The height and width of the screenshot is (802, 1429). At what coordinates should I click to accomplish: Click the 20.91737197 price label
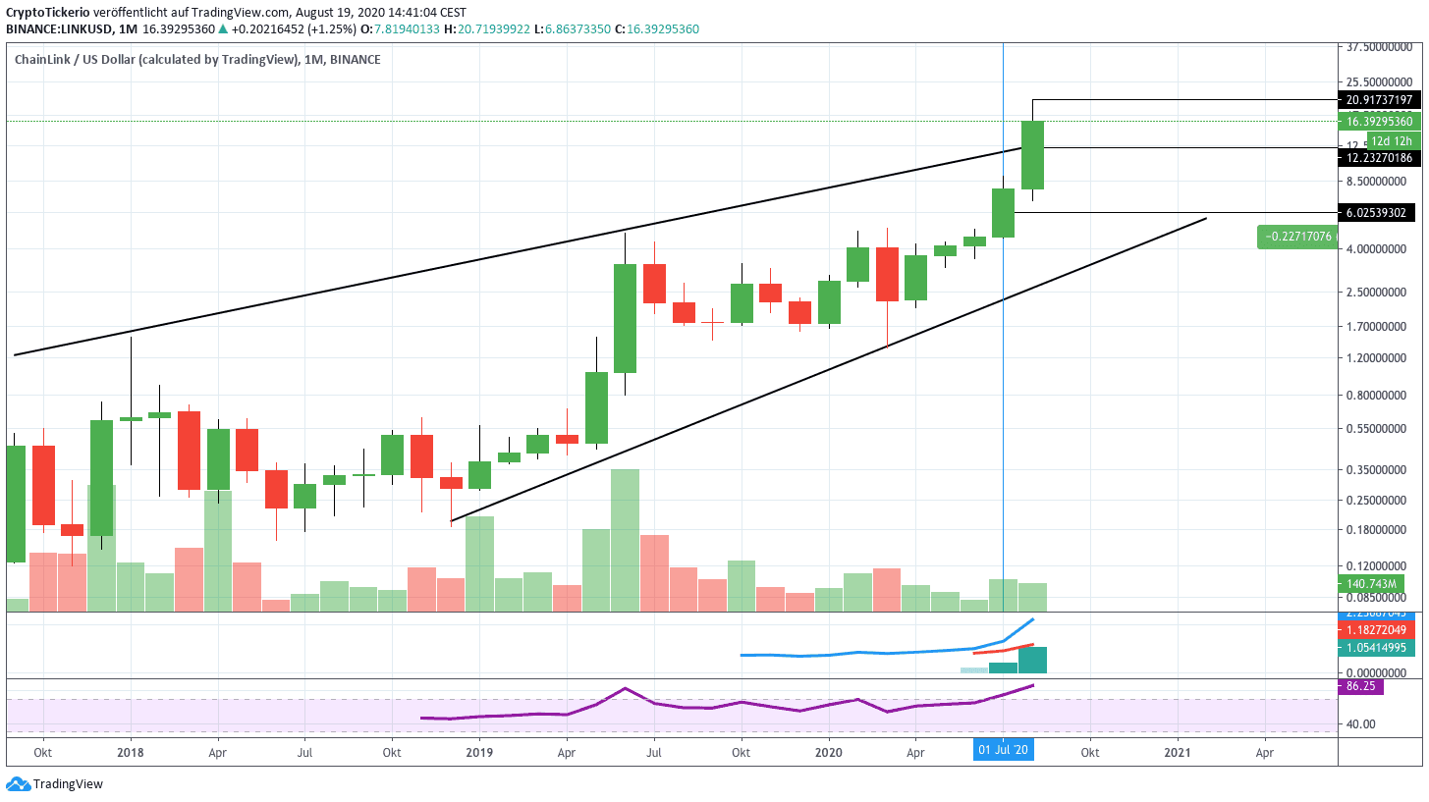point(1380,100)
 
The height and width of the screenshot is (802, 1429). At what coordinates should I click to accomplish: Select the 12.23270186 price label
point(1380,157)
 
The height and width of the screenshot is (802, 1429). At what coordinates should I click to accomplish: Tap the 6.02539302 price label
point(1380,212)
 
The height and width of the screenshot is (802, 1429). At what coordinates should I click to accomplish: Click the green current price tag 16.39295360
point(1380,122)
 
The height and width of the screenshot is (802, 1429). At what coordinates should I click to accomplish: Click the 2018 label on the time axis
point(131,752)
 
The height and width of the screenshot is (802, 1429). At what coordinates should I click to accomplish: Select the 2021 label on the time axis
point(1178,752)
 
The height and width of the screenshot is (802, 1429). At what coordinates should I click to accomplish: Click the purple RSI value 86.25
point(1360,687)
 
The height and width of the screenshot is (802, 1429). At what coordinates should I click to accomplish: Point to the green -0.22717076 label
point(1296,237)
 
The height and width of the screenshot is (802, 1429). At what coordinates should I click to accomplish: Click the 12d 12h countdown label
point(1392,140)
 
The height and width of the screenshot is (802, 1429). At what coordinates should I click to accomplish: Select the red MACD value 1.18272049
point(1380,629)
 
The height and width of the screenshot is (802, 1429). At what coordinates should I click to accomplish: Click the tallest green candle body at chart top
point(1031,155)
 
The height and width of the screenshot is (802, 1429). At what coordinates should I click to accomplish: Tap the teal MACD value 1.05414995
point(1380,648)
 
